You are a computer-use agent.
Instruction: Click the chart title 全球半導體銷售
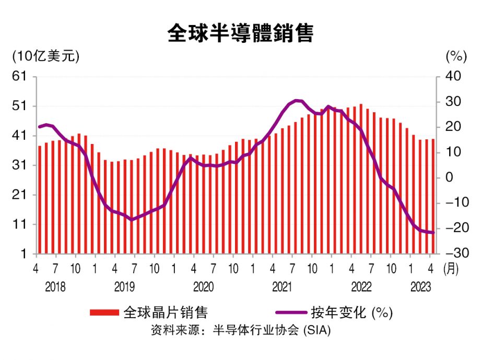(x=240, y=33)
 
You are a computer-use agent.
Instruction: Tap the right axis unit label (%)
(x=455, y=56)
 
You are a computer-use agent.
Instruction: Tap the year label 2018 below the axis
(x=55, y=286)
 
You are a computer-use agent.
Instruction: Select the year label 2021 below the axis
(x=282, y=286)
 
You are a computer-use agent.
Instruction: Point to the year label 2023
(x=420, y=286)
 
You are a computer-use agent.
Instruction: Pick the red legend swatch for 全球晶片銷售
(x=104, y=313)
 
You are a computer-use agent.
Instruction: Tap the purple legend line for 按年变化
(x=290, y=313)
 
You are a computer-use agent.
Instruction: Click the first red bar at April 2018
(x=40, y=200)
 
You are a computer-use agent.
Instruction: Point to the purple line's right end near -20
(x=433, y=233)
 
